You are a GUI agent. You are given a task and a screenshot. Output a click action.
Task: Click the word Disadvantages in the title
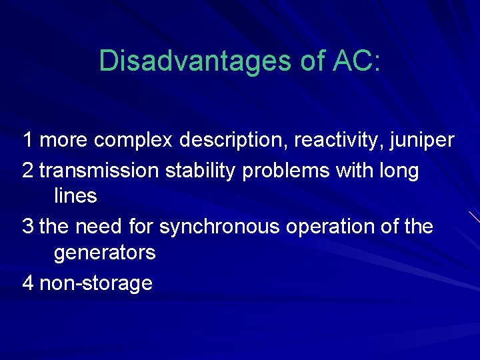coord(189,61)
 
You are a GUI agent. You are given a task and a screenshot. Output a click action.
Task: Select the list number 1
coord(28,141)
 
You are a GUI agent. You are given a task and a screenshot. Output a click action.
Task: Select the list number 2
coord(28,171)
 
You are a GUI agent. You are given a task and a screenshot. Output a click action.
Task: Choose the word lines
coord(75,197)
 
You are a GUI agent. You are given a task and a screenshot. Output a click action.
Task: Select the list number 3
coord(28,227)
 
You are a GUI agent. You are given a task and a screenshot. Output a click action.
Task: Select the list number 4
coord(28,283)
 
